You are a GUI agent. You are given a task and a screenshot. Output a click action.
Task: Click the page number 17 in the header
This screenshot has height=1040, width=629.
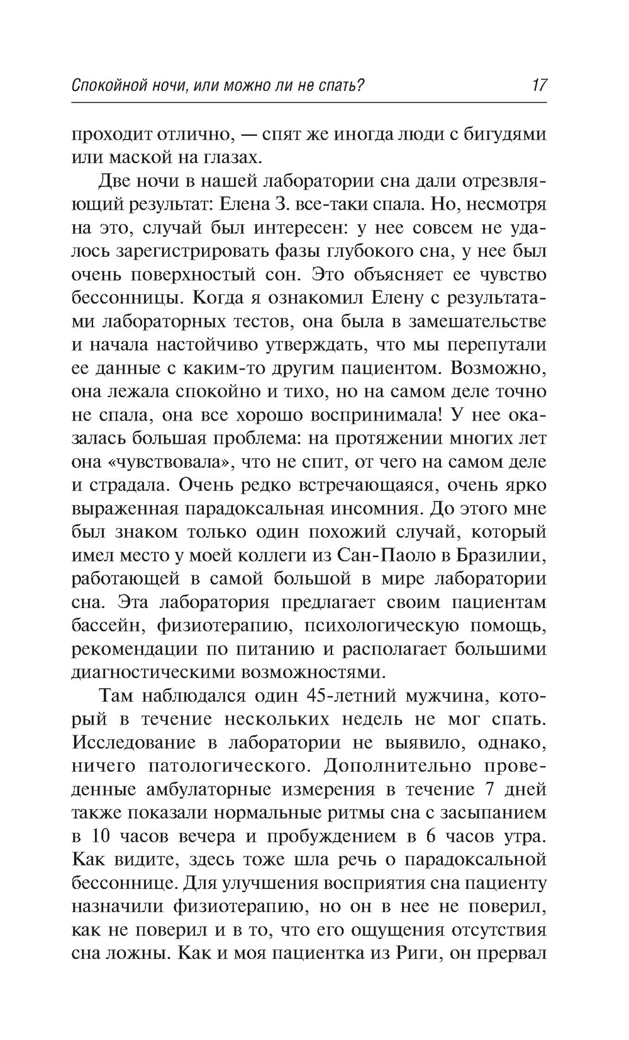click(539, 85)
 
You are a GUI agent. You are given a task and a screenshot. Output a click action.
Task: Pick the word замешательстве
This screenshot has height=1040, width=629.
click(478, 322)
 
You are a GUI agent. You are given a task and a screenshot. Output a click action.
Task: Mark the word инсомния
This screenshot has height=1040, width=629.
click(382, 509)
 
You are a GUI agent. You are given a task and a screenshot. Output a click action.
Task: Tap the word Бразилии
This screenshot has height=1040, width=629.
click(494, 555)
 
